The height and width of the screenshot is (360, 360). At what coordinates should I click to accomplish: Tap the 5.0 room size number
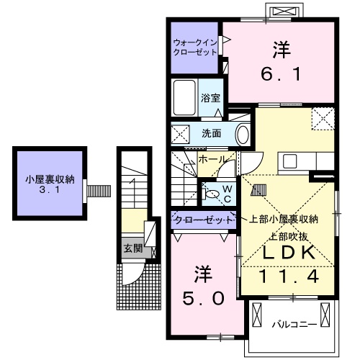pos(203,297)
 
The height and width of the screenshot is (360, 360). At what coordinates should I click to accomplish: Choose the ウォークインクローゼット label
pos(194,47)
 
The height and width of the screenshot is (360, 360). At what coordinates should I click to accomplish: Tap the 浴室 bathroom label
pos(210,97)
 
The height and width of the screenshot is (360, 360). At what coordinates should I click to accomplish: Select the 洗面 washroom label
pos(211,133)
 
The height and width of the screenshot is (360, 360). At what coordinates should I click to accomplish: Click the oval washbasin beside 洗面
pos(242,134)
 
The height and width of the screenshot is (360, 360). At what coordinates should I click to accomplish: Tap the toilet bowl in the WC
pos(212,193)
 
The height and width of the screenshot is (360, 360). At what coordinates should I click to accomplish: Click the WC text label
pos(225,194)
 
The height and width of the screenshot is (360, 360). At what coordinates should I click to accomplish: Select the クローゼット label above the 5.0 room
pos(203,219)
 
